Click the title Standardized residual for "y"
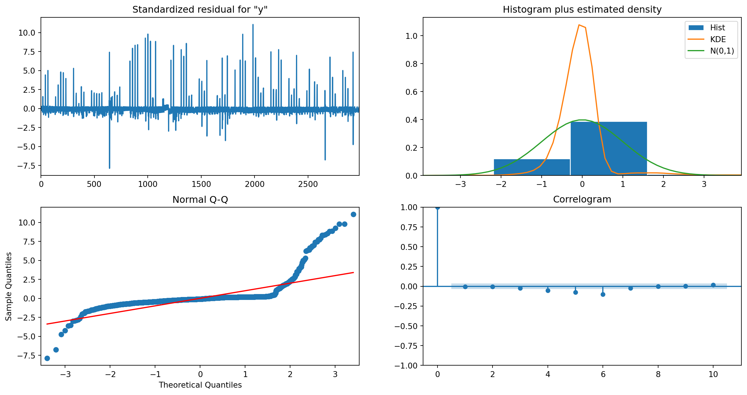tap(200, 10)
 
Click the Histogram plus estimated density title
tap(582, 10)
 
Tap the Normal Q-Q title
tap(200, 200)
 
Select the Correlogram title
tap(582, 200)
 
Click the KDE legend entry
tap(718, 39)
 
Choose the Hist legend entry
tap(717, 28)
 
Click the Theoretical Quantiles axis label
tap(200, 385)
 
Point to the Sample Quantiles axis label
tap(9, 286)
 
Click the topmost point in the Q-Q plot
tap(353, 214)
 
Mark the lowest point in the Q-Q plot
tap(47, 358)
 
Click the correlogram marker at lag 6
tap(603, 294)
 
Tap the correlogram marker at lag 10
tap(713, 285)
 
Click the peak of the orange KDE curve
tap(579, 25)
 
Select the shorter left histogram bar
tap(532, 167)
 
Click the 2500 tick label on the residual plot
tap(308, 184)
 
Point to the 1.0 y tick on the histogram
tap(411, 36)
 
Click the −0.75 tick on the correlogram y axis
tap(406, 346)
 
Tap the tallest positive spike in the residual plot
tap(253, 25)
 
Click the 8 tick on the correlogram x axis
tap(658, 374)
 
